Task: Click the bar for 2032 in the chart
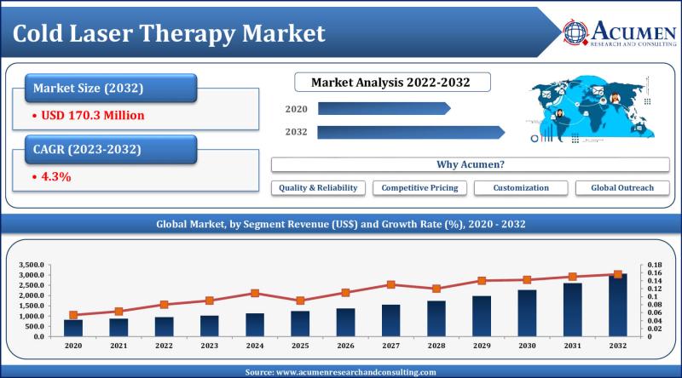click(x=617, y=306)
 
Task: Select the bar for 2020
click(x=73, y=328)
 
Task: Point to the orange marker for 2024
click(x=255, y=293)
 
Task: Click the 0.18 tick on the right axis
click(x=655, y=266)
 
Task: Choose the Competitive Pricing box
click(x=419, y=187)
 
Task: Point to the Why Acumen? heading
click(x=470, y=164)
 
